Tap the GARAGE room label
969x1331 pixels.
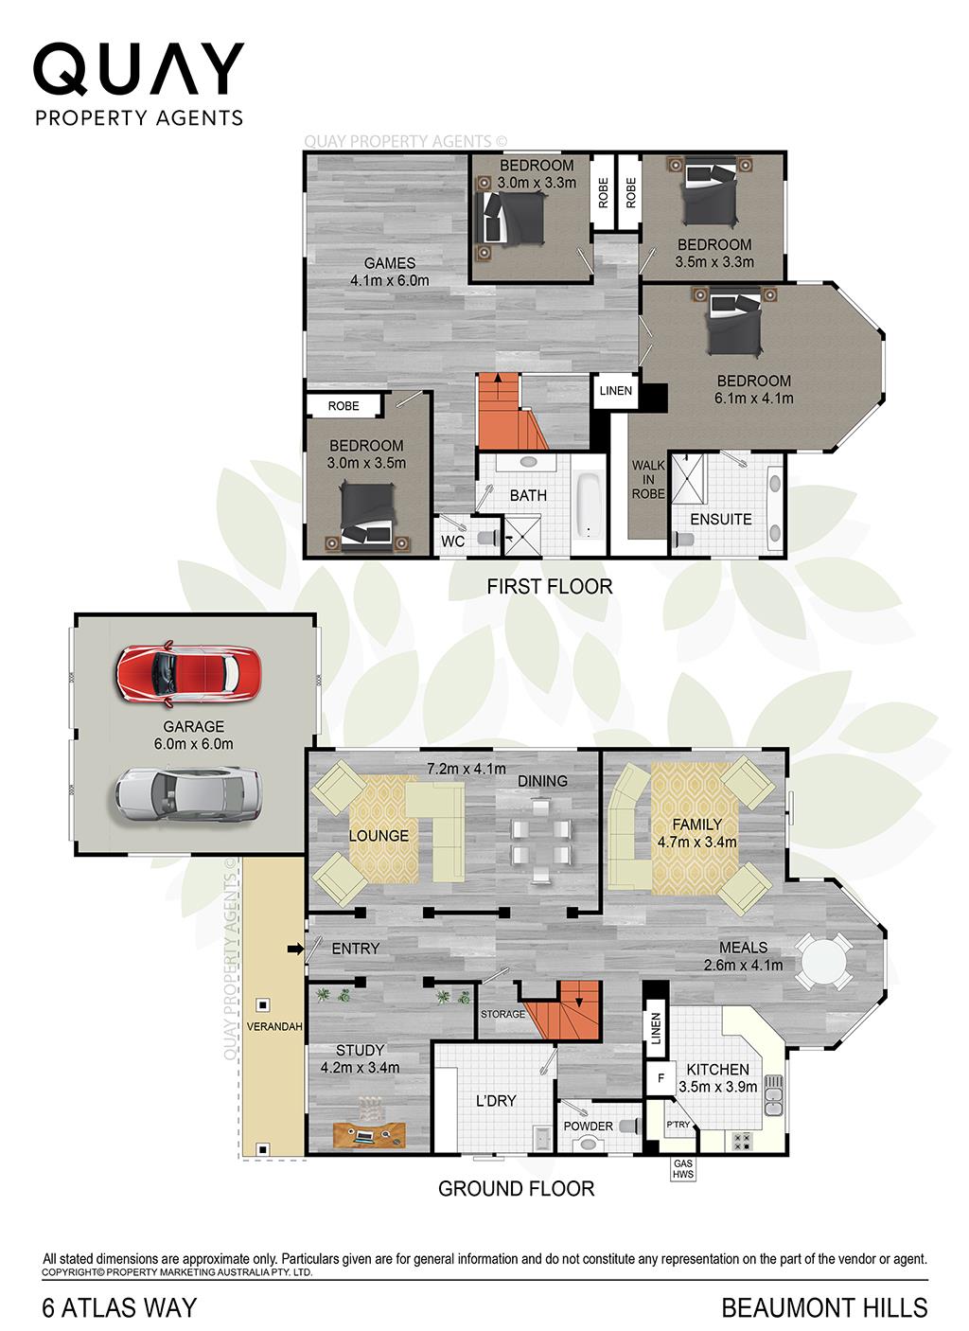pos(193,726)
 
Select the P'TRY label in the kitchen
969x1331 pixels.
pos(678,1125)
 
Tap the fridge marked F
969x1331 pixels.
pos(660,1076)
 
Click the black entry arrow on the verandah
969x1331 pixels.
pos(294,949)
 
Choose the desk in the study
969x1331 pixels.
pos(370,1132)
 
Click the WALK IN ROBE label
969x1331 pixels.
pos(648,479)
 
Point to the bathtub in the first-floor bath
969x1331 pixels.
pos(587,503)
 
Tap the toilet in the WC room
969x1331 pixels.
pos(485,538)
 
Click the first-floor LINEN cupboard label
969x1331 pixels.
pos(613,390)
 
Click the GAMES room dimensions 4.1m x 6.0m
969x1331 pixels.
pos(389,280)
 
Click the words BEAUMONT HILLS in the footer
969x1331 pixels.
pos(824,1307)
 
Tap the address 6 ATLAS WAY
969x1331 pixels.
pos(120,1307)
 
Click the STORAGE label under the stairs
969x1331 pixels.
pos(502,1014)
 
